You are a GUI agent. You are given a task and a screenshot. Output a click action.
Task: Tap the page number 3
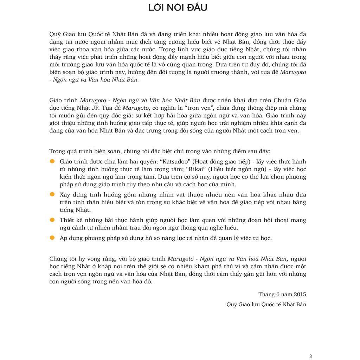(310, 356)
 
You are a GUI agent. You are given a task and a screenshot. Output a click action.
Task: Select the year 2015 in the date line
(300, 294)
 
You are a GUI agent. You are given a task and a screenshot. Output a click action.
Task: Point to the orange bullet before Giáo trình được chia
(52, 161)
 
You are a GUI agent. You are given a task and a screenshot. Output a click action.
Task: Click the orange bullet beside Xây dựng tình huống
(52, 194)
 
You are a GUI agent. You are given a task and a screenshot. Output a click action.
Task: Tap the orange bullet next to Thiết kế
(52, 220)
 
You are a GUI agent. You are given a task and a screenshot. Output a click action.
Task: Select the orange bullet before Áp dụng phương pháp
(52, 238)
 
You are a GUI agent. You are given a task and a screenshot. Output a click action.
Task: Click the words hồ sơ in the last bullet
(150, 238)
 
